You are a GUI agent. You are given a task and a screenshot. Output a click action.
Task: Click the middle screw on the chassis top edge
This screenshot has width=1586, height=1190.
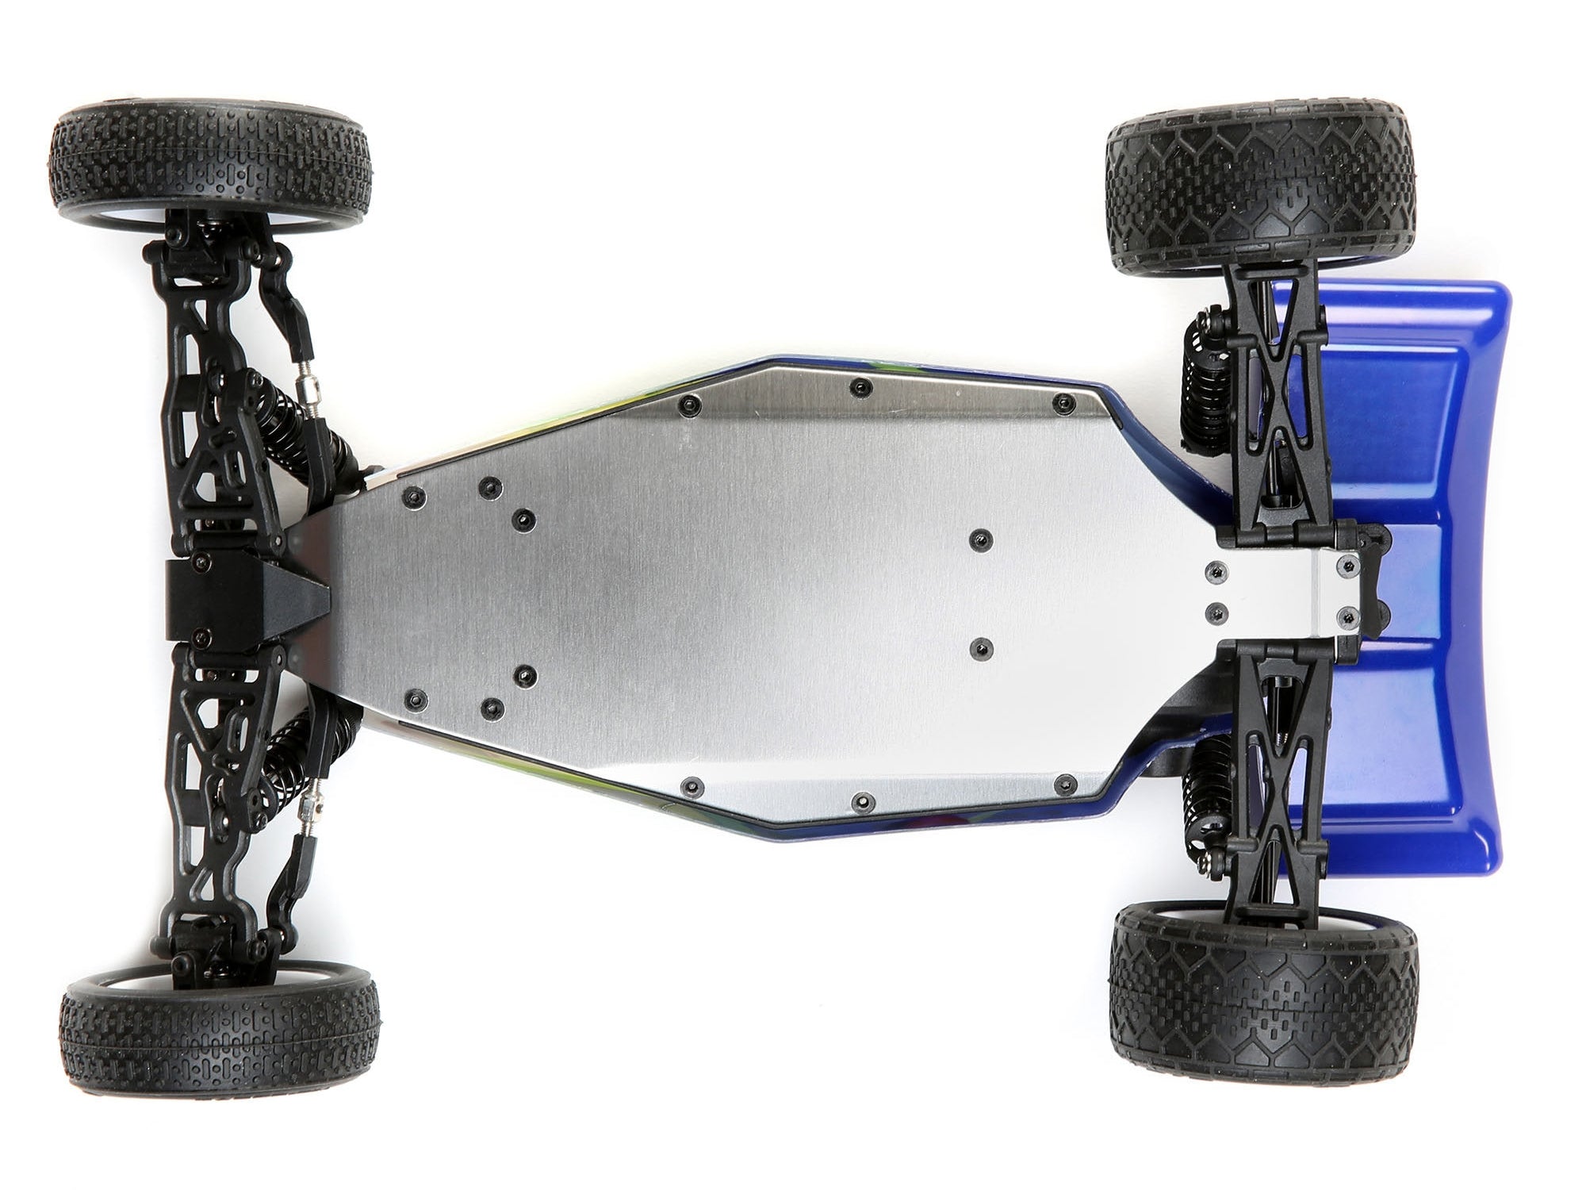(858, 387)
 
